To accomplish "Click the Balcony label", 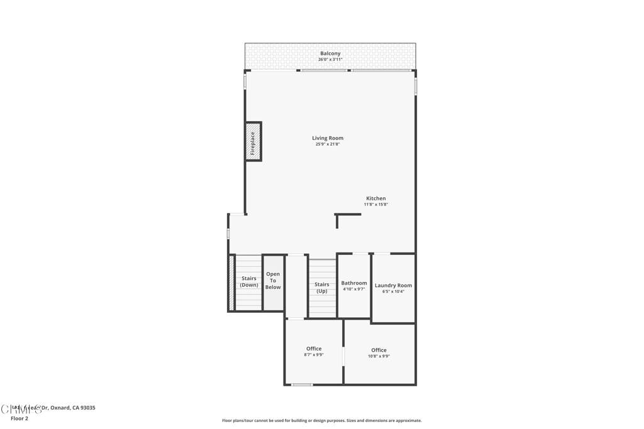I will pos(330,53).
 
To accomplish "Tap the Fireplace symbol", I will pos(253,142).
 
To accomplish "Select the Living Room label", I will pos(328,138).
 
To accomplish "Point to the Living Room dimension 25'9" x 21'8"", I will pos(328,144).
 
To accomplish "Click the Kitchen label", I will pos(376,198).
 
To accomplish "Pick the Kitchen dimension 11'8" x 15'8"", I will pos(376,205).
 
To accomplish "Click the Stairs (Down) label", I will pos(249,281).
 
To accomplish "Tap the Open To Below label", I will pos(273,281).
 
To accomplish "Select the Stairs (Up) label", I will pos(321,288).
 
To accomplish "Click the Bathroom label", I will pos(354,283).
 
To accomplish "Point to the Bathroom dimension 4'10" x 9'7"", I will pos(354,290).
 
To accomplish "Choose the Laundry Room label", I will pos(394,285).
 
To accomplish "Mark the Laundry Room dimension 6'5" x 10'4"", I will pos(394,291).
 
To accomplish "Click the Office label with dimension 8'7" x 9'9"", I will pos(314,349).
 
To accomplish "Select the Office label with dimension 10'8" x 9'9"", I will pos(379,350).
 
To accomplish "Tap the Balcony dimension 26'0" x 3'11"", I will pos(330,60).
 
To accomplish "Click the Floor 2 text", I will pos(19,418).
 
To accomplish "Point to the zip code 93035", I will pos(87,408).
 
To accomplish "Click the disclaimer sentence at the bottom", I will pos(322,421).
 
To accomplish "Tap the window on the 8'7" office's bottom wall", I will pos(302,384).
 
